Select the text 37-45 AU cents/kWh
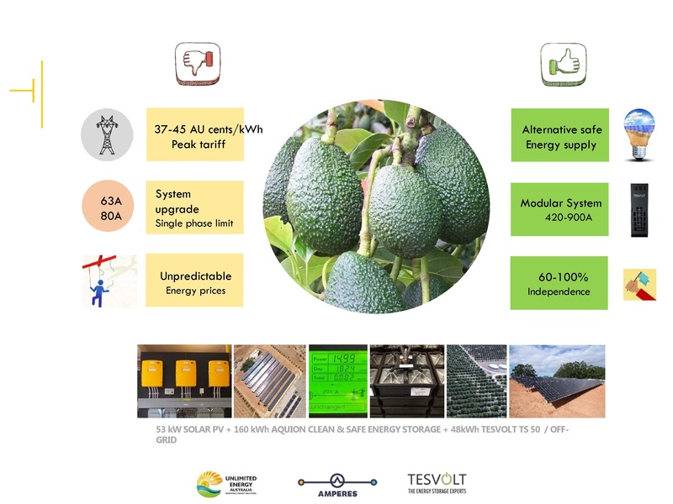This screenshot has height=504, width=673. pyautogui.click(x=208, y=129)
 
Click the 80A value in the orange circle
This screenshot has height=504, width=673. pyautogui.click(x=110, y=216)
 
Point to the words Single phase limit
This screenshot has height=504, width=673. pyautogui.click(x=193, y=223)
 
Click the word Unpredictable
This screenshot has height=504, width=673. pyautogui.click(x=195, y=276)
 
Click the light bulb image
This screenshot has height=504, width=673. pyautogui.click(x=639, y=134)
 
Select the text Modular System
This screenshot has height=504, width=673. pyautogui.click(x=560, y=202)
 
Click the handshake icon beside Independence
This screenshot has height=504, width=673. pyautogui.click(x=639, y=285)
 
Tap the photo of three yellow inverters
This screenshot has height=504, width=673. pyautogui.click(x=183, y=381)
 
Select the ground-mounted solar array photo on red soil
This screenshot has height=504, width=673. pyautogui.click(x=557, y=381)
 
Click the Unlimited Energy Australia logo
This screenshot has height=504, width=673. pyautogui.click(x=226, y=484)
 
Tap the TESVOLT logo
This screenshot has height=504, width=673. pyautogui.click(x=437, y=483)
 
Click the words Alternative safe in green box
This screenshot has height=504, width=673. pyautogui.click(x=561, y=129)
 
